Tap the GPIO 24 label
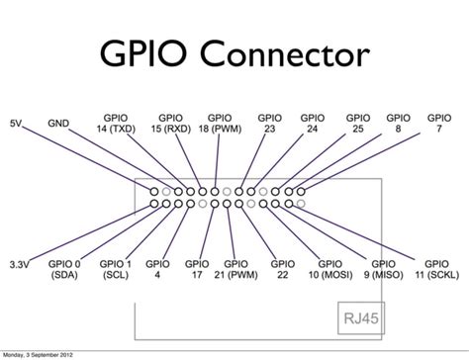coord(314,124)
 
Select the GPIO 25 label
coord(356,124)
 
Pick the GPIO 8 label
coord(398,124)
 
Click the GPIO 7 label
coord(440,124)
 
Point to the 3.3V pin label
coord(18,266)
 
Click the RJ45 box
coord(355,320)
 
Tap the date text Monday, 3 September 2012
coord(42,354)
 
